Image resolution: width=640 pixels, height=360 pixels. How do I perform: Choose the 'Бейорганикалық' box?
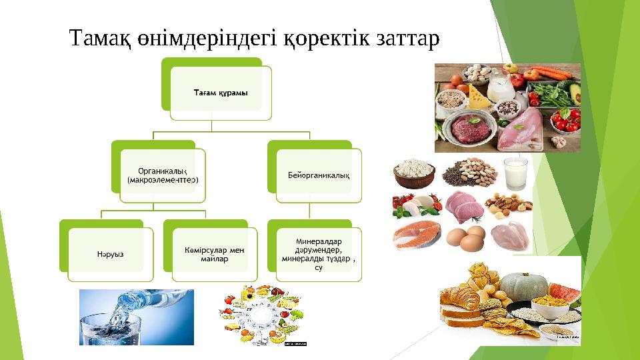(319, 175)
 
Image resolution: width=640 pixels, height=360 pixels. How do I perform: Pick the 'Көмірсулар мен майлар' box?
(214, 254)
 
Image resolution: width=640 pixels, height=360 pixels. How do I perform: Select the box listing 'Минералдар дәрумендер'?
(319, 254)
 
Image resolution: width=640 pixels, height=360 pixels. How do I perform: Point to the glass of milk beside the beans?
(515, 173)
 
